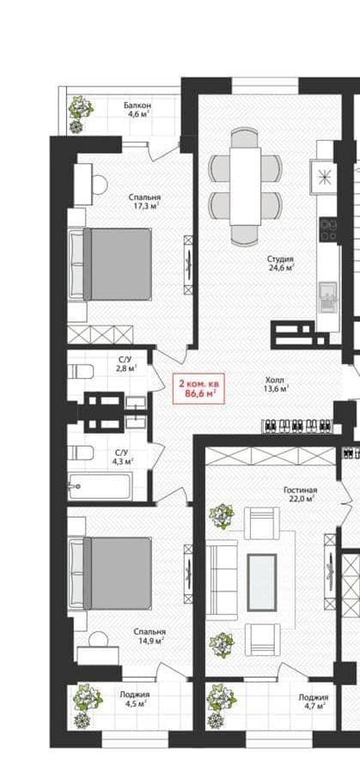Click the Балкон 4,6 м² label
click(137, 110)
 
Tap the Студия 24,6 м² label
click(281, 263)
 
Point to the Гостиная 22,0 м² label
click(301, 494)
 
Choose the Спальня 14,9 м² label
click(149, 636)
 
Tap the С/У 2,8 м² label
click(125, 363)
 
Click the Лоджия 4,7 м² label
click(314, 701)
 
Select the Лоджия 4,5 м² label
click(134, 699)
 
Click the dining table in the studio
click(245, 185)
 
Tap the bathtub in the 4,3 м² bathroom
click(100, 486)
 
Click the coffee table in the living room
click(262, 582)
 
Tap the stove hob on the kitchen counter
click(328, 230)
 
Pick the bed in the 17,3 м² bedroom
click(110, 264)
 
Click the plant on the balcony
click(79, 114)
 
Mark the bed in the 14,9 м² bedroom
click(110, 573)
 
